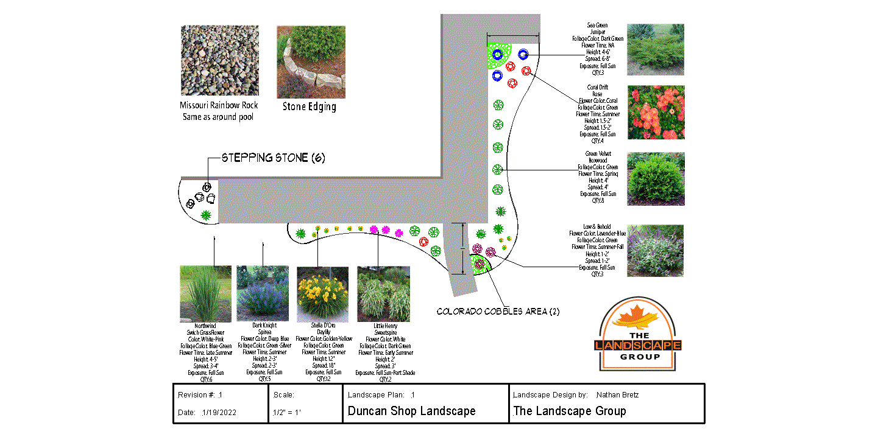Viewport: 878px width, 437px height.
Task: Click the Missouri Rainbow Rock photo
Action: (x=219, y=60)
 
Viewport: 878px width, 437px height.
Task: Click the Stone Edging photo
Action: (x=311, y=61)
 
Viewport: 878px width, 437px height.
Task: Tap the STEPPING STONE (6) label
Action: (x=273, y=158)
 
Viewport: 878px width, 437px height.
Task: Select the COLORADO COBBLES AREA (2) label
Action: (x=498, y=312)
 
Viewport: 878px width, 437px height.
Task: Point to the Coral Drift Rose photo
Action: (x=656, y=113)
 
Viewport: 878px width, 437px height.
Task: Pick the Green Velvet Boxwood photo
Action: (x=656, y=178)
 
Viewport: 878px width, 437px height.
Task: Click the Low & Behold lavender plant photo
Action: (x=655, y=250)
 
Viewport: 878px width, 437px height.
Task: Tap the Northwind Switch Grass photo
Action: (x=205, y=294)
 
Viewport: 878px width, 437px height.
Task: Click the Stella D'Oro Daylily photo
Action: (x=322, y=294)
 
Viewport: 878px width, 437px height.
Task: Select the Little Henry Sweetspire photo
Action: (x=383, y=294)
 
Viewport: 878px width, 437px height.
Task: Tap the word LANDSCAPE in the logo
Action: (x=638, y=346)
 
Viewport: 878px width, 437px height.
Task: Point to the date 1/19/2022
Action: (x=219, y=413)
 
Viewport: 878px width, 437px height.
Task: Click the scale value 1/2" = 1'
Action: (x=288, y=413)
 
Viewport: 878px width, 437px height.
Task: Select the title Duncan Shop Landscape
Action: (x=411, y=411)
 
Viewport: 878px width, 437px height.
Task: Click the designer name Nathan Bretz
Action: (x=618, y=395)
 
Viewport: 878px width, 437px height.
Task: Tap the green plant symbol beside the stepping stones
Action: (x=206, y=215)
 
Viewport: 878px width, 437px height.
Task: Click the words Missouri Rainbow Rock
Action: (x=219, y=105)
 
